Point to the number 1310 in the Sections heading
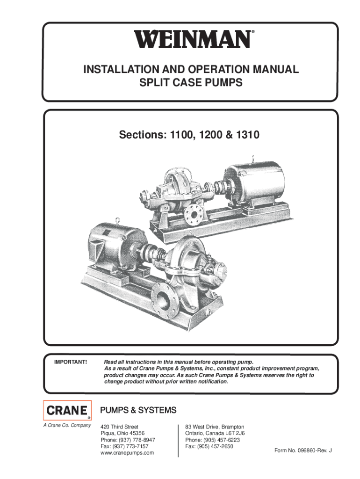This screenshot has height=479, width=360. [248, 135]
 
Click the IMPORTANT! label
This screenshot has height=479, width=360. [71, 362]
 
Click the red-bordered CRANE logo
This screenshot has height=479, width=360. [67, 410]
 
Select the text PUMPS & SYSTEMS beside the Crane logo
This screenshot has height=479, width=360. [138, 410]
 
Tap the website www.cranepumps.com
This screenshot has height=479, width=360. [127, 453]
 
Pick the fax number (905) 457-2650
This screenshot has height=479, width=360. [215, 446]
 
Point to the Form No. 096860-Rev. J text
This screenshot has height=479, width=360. [303, 450]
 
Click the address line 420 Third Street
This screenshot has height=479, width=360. [119, 427]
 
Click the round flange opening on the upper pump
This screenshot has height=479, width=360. [193, 214]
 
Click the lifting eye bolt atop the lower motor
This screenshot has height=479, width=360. [117, 221]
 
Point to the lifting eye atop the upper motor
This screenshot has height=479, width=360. [252, 159]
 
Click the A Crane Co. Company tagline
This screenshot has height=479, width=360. [67, 425]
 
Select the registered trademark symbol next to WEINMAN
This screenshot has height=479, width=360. [252, 31]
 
